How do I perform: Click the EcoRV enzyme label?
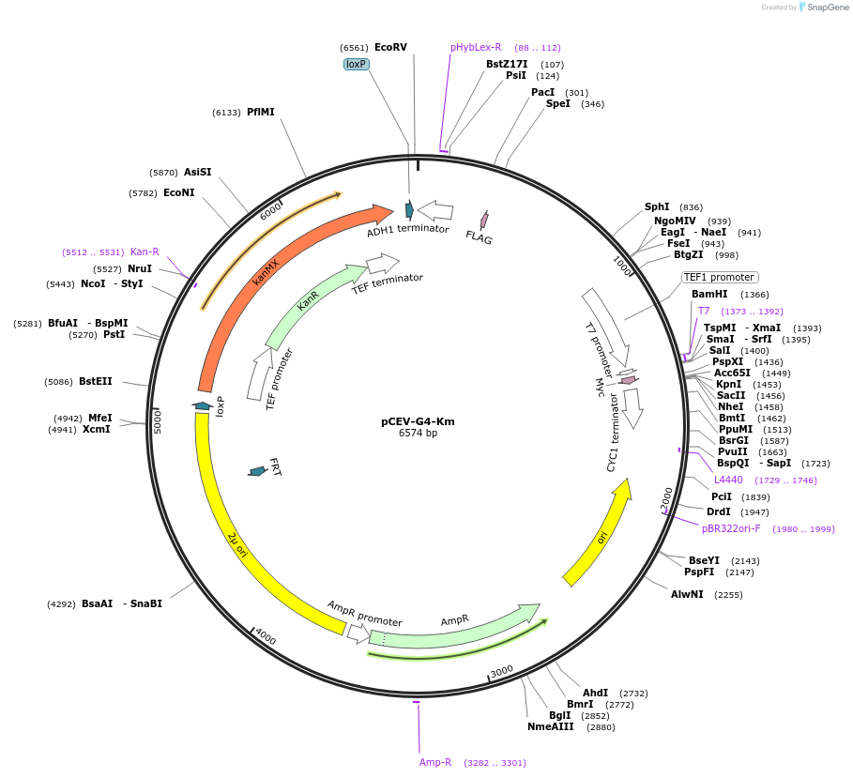click(390, 47)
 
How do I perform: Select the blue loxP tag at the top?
click(356, 64)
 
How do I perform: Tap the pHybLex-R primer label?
click(476, 47)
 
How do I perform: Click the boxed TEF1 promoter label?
click(720, 277)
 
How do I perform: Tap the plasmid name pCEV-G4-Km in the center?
click(418, 421)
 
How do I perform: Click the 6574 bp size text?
click(418, 434)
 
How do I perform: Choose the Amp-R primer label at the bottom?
click(435, 762)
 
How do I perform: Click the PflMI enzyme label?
click(260, 112)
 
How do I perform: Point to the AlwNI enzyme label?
click(687, 594)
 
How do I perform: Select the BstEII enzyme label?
click(95, 381)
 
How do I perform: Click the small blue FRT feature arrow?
click(256, 471)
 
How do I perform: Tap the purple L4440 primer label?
click(728, 480)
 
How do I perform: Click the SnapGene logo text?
click(821, 7)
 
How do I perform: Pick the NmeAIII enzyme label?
click(550, 726)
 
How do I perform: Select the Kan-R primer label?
click(145, 252)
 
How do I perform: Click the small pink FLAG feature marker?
click(484, 220)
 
